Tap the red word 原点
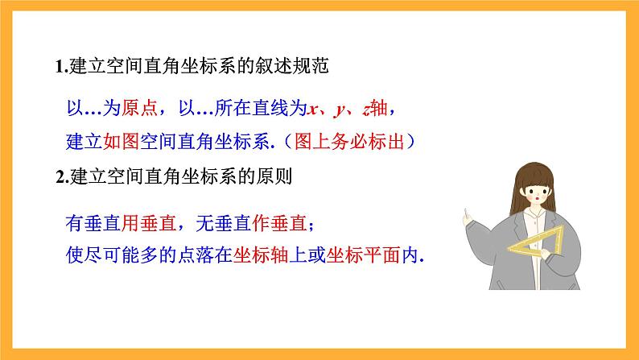(x=134, y=107)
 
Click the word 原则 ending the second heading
(x=278, y=178)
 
